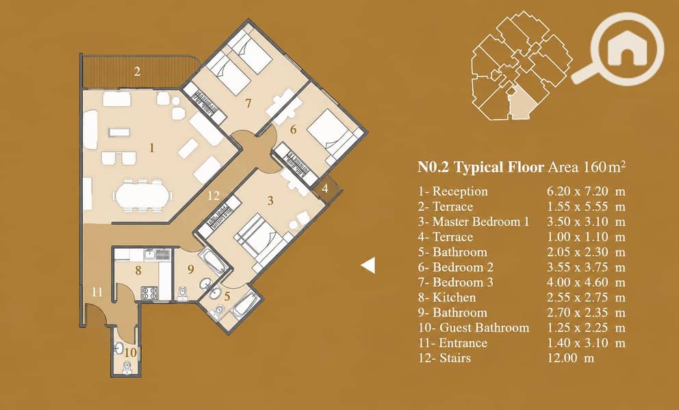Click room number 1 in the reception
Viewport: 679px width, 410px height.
pos(151,148)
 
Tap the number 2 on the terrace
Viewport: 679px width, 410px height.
pos(137,71)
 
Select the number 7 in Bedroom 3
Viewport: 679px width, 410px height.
pos(248,103)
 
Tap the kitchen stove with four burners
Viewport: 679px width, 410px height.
pos(150,292)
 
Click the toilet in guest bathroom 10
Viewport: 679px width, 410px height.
pos(127,367)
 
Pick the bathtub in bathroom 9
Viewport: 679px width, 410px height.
pos(213,261)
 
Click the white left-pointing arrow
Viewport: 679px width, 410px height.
pos(368,265)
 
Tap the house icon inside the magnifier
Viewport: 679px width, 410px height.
pos(627,49)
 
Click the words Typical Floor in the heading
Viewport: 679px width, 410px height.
pos(498,167)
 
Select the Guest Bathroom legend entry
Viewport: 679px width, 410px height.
pos(474,328)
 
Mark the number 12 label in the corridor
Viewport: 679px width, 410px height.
pos(214,196)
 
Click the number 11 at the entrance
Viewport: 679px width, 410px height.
pos(97,292)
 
